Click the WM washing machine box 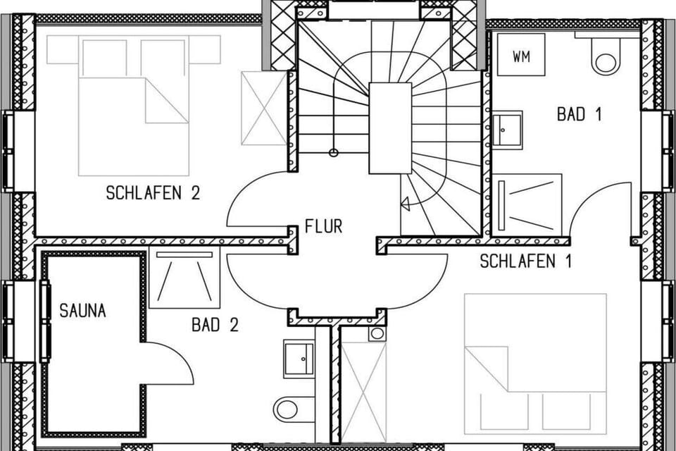pos(521,55)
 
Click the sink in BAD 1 pos(508,129)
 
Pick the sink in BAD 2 pos(299,359)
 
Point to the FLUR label pos(323,226)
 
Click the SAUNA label pos(82,311)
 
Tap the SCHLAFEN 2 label pos(153,193)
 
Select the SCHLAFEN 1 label pos(525,261)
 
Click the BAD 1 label pos(579,114)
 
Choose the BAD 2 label pos(215,325)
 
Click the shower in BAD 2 pos(184,277)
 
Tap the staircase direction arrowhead pos(405,203)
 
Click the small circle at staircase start pos(333,152)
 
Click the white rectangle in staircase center pos(390,128)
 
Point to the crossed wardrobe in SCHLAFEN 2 pos(264,108)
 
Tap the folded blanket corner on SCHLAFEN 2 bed pos(167,101)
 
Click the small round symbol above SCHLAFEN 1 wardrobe pos(377,333)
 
